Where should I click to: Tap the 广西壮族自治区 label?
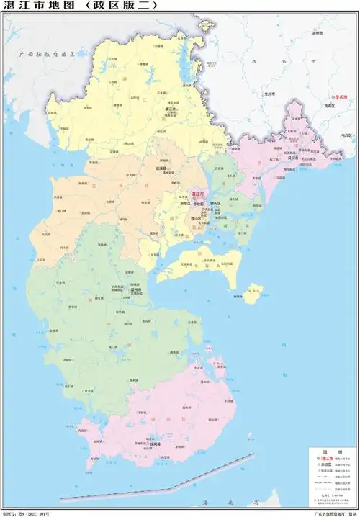(53, 54)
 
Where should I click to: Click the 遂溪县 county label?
(162, 169)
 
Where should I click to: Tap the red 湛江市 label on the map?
(197, 194)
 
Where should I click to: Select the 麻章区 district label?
(184, 204)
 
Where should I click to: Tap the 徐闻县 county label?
(153, 444)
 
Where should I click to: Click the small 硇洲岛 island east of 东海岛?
(252, 293)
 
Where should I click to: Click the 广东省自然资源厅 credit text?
(328, 513)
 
